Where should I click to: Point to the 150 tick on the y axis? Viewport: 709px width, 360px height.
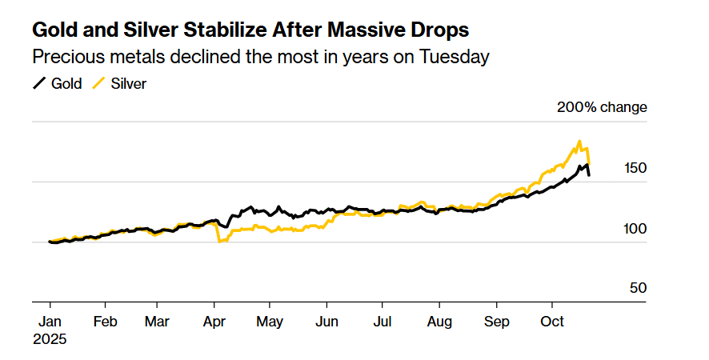click(635, 168)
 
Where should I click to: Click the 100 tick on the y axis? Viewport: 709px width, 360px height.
click(635, 229)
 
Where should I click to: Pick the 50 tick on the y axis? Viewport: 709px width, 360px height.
click(638, 288)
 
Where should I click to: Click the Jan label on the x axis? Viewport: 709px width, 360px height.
click(50, 322)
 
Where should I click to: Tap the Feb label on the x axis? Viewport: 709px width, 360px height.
click(106, 322)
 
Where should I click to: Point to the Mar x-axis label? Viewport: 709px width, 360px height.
click(158, 322)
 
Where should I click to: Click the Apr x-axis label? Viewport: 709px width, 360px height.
click(214, 322)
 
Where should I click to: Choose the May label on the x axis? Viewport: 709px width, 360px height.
click(270, 322)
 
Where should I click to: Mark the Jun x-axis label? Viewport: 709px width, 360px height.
click(326, 322)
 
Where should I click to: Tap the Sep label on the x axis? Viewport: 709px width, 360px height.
click(496, 322)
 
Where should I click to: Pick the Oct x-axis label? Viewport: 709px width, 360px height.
click(551, 322)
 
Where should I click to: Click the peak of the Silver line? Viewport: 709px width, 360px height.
click(579, 142)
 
